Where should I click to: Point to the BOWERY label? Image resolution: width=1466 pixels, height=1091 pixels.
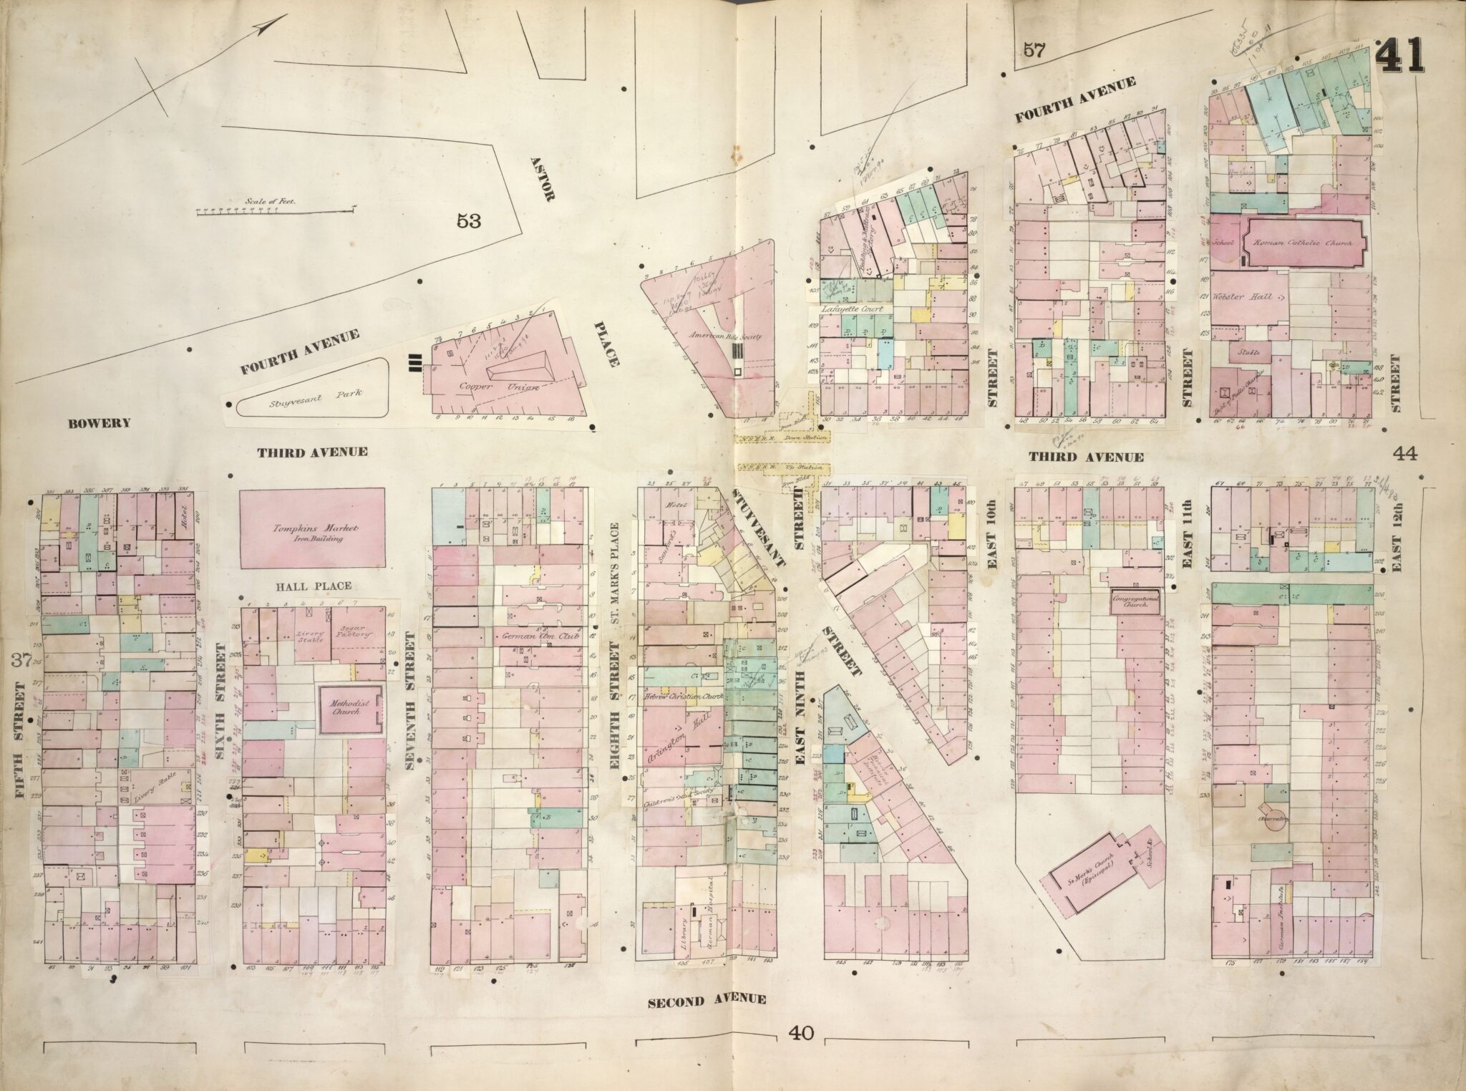click(x=99, y=422)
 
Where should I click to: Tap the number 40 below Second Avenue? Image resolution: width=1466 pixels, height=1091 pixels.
click(x=800, y=1032)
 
